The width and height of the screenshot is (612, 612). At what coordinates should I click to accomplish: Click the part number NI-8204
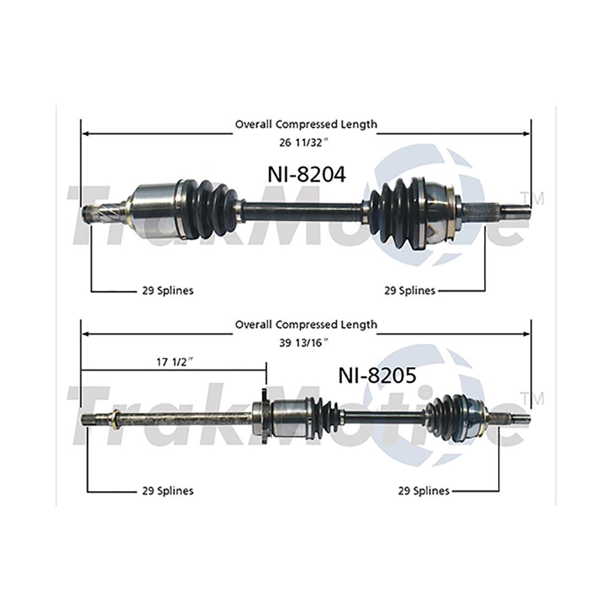click(x=305, y=174)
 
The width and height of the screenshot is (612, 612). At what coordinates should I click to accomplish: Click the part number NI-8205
click(x=377, y=376)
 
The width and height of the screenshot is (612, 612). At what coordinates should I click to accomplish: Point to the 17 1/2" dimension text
click(x=174, y=362)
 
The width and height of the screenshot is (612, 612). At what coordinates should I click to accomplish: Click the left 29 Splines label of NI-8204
click(x=167, y=290)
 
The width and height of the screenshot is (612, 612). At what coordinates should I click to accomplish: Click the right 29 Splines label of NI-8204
click(x=409, y=290)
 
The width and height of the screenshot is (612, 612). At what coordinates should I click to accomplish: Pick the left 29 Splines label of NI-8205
click(x=167, y=491)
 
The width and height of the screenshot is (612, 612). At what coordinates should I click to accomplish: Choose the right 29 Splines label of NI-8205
click(x=423, y=491)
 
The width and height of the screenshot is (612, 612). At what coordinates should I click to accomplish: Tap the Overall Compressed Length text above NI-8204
click(x=305, y=124)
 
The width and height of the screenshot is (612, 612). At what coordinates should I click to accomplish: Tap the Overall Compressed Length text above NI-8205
click(x=305, y=324)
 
